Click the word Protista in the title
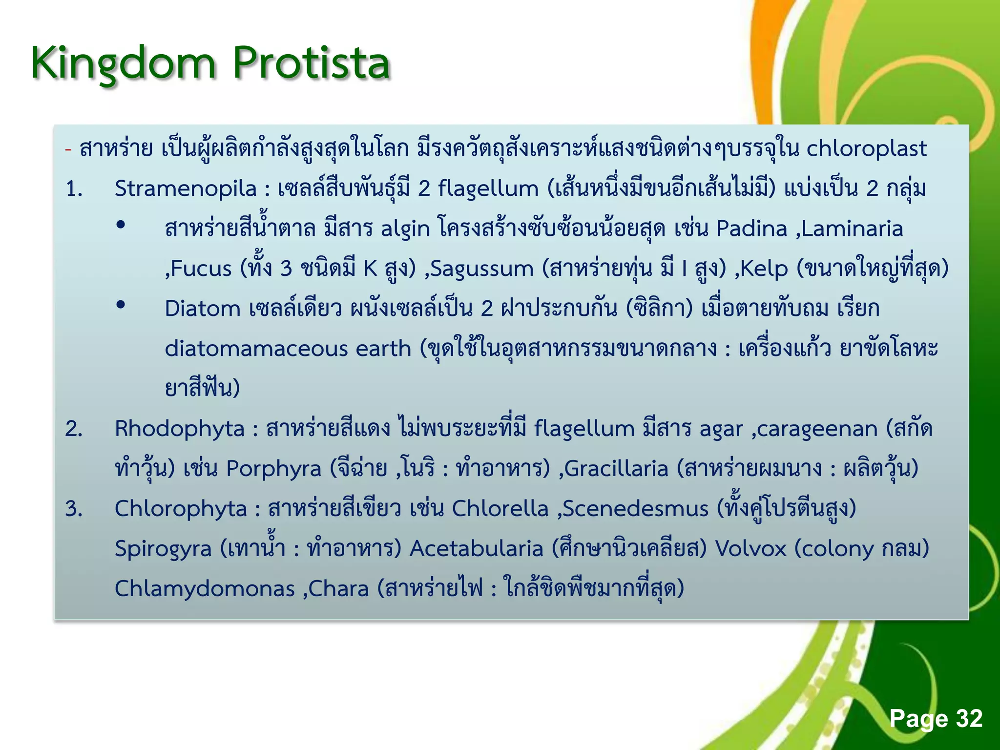coord(311,63)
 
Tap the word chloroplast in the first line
coord(866,148)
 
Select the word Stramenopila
coord(186,188)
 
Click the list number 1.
coord(74,188)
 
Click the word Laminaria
coord(852,229)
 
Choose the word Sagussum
coord(481,269)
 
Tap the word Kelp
coord(764,269)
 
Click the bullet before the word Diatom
coord(121,305)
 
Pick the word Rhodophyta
coord(179,429)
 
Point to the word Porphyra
coord(273,469)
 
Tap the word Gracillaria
coord(616,469)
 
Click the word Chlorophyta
coord(181,509)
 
